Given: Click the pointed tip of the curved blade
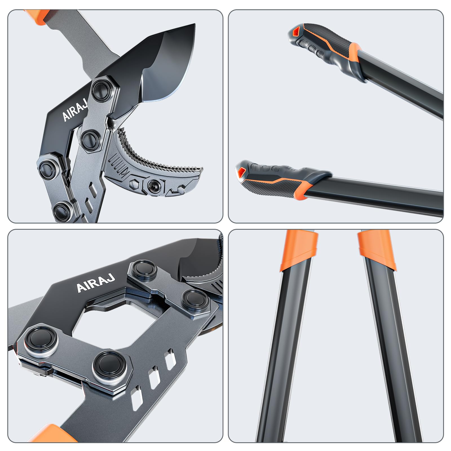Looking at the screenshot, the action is pos(194,25).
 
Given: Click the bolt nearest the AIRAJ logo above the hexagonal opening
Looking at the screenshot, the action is pos(145,270).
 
